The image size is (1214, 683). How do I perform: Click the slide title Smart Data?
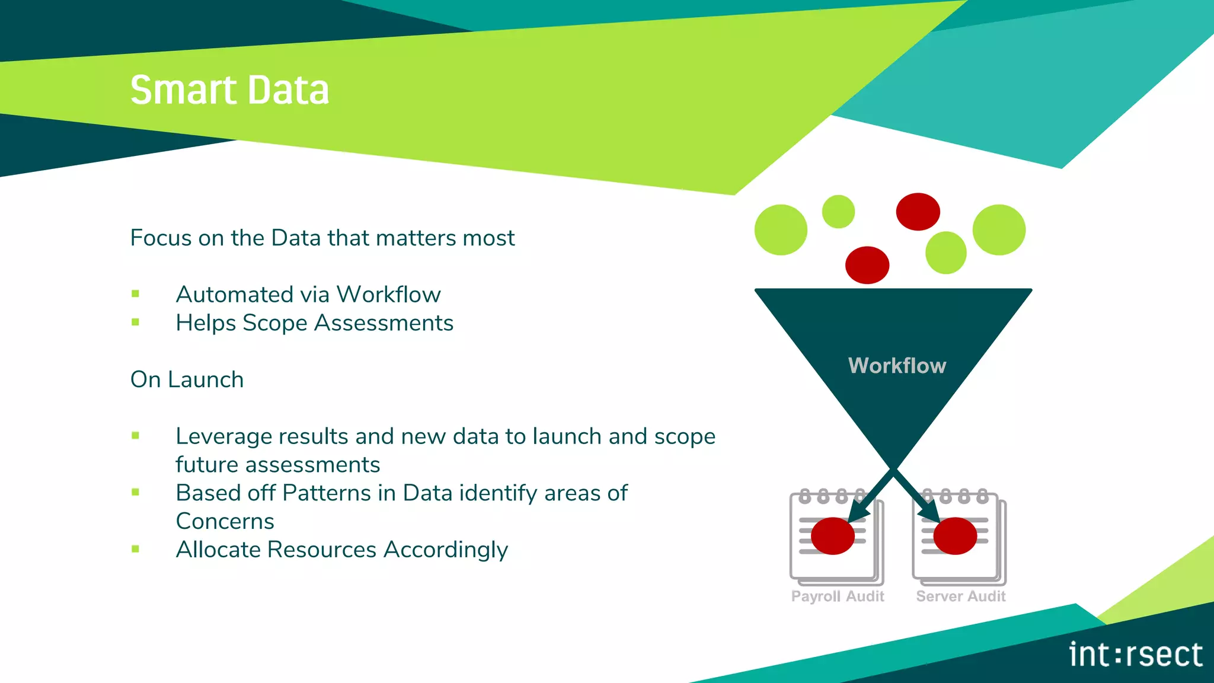229,90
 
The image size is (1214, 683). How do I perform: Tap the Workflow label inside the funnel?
897,366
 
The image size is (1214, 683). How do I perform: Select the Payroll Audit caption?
838,596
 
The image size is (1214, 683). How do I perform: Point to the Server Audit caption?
961,596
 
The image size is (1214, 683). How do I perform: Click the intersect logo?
1135,655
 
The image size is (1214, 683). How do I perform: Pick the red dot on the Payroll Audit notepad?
832,536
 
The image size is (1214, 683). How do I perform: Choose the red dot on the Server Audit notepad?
955,536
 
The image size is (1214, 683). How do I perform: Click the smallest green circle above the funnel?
838,212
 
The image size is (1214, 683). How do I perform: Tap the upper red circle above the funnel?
918,212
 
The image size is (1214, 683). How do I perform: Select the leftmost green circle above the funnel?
781,230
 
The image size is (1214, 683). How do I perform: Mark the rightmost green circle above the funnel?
999,230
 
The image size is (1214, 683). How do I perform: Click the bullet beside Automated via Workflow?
136,294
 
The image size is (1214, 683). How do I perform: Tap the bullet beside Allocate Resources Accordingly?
136,550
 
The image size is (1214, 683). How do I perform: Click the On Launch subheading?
187,379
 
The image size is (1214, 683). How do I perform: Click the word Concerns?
225,522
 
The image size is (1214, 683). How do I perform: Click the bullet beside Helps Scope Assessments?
136,323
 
